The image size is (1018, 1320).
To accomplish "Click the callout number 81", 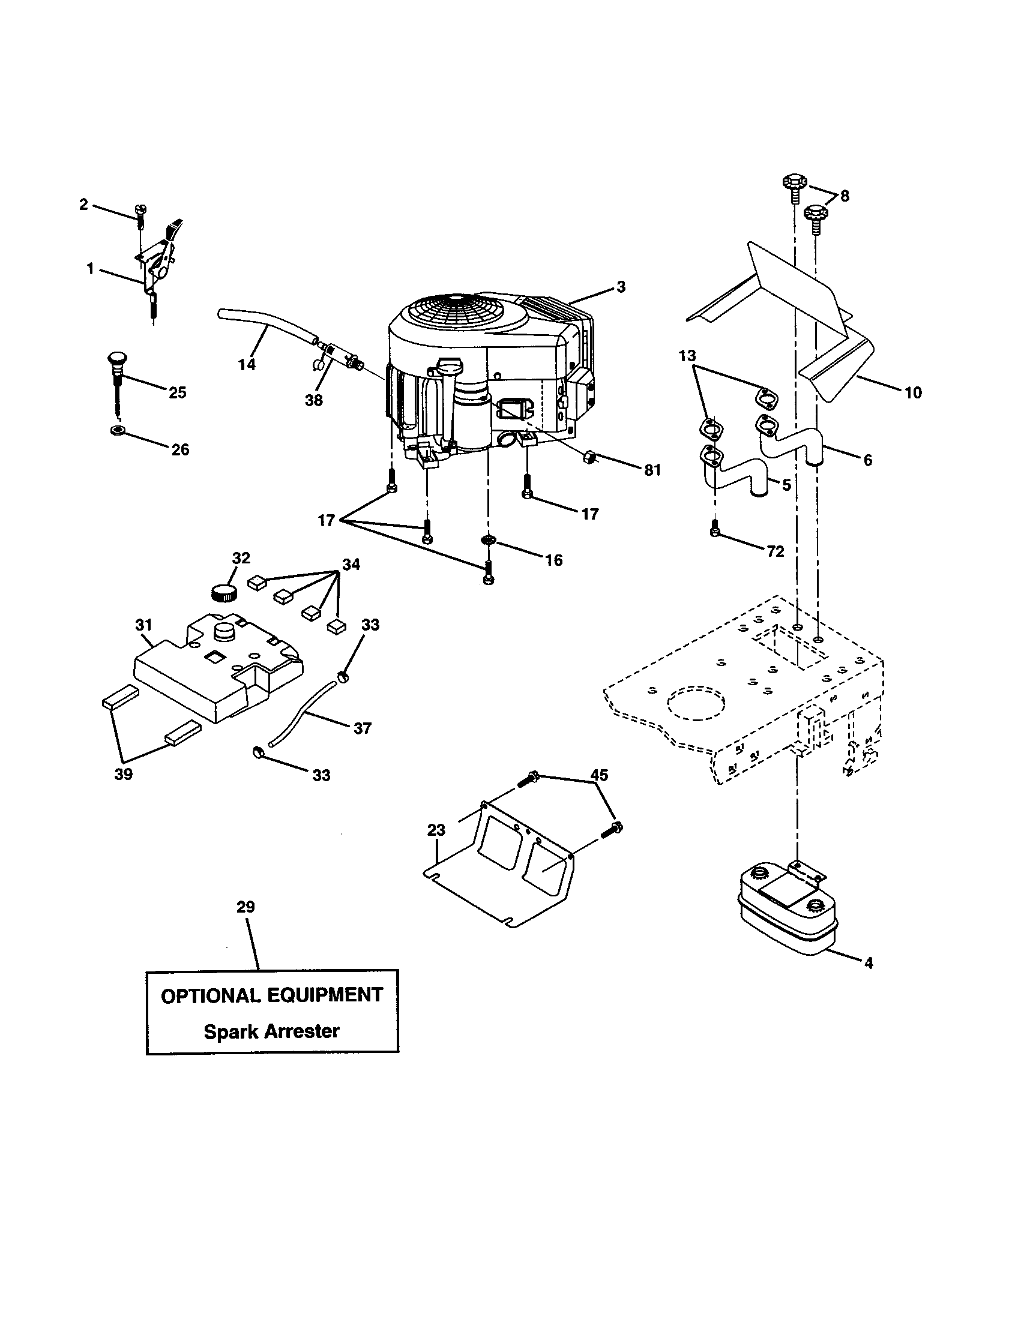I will click(x=652, y=470).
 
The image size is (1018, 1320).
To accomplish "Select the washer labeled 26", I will click(x=116, y=431).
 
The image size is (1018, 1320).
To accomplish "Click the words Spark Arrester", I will click(x=271, y=1031).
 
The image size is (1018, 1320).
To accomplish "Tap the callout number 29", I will click(x=245, y=907).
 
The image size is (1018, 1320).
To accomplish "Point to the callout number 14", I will click(x=247, y=364).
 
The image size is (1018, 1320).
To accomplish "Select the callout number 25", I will click(x=177, y=392).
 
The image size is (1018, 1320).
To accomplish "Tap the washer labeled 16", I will click(x=488, y=539).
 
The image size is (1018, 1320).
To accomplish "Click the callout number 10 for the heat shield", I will click(x=913, y=392).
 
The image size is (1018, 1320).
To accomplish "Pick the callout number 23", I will click(x=436, y=830).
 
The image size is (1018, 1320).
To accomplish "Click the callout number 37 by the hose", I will click(x=362, y=728).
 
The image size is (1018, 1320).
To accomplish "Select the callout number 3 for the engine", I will click(x=621, y=286).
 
